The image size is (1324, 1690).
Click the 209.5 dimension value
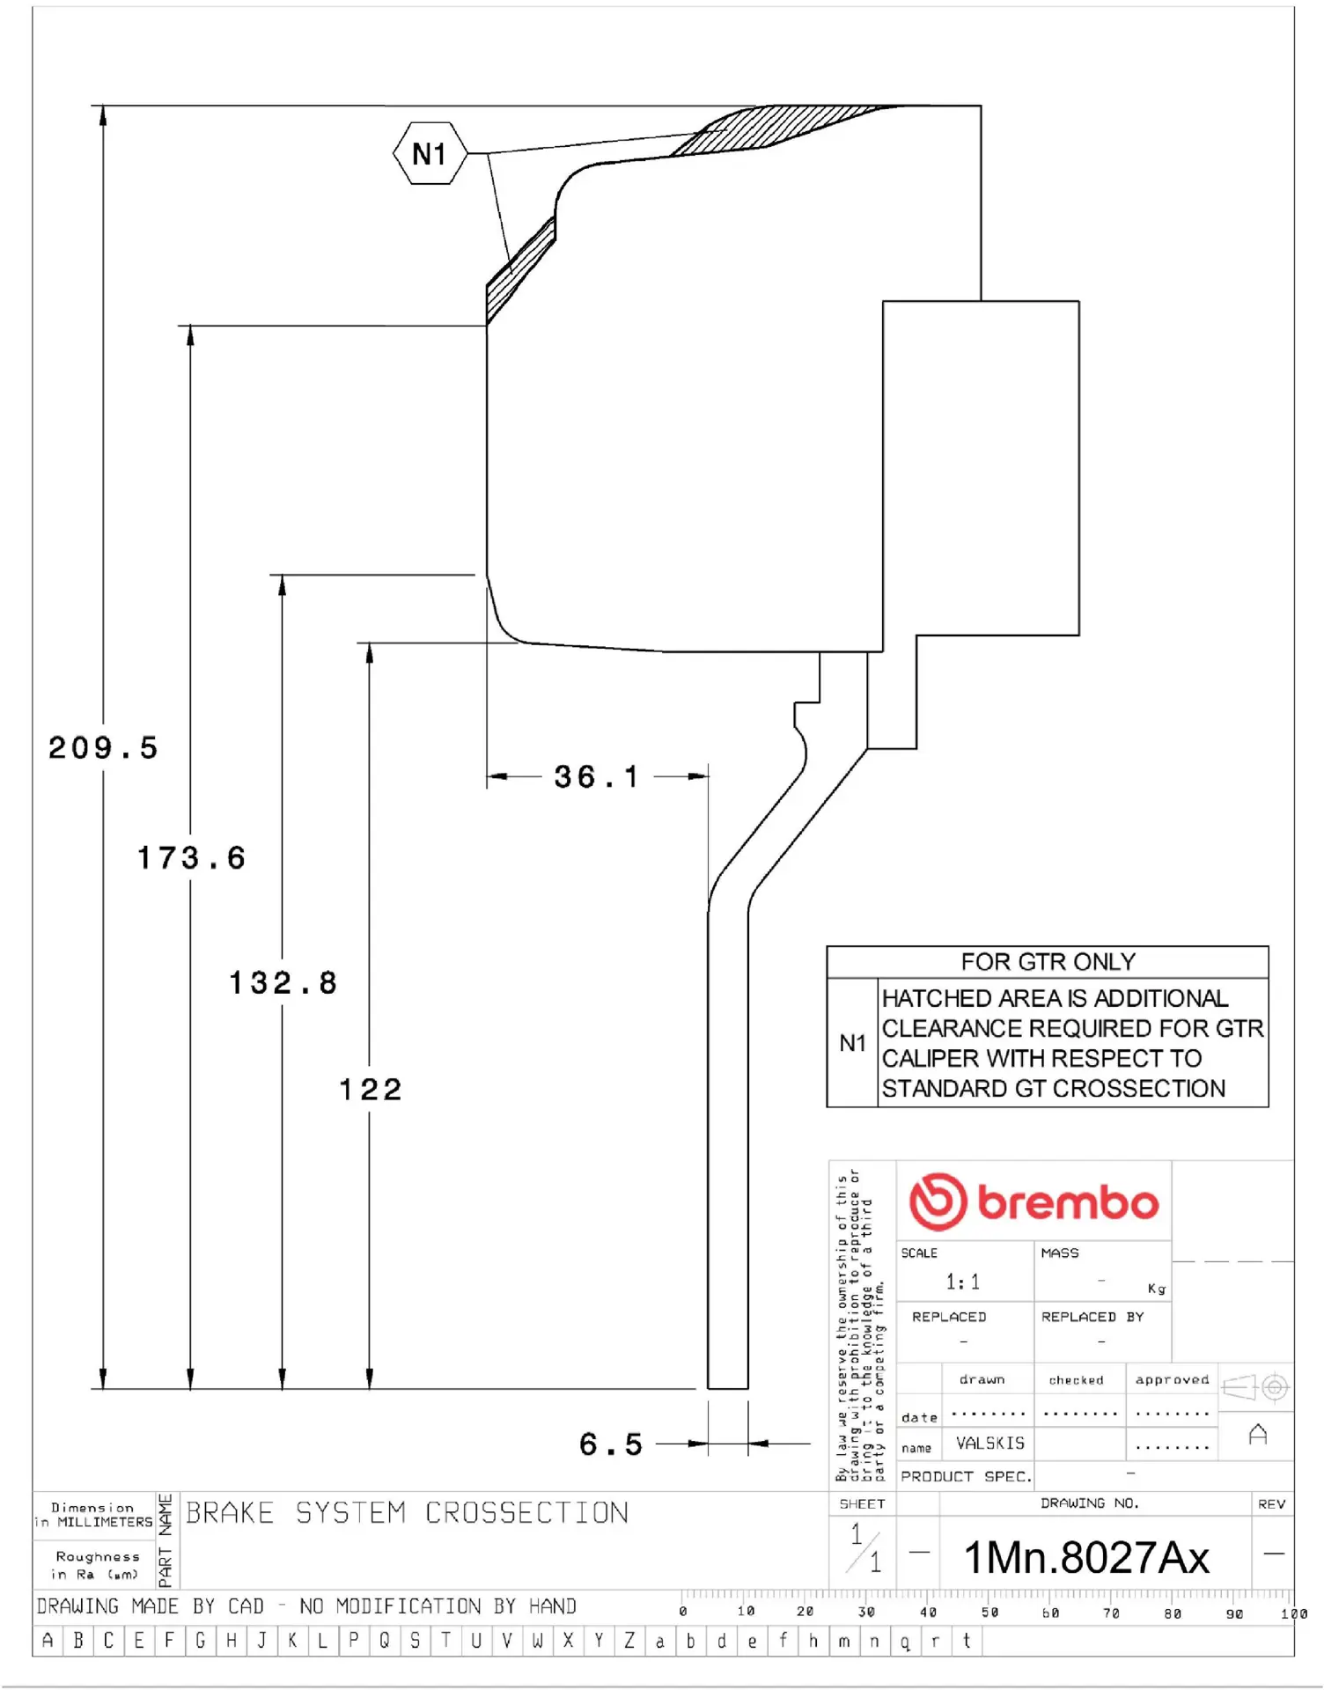pyautogui.click(x=103, y=748)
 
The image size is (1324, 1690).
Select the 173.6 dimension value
pyautogui.click(x=191, y=858)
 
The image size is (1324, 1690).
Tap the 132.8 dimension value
pyautogui.click(x=283, y=983)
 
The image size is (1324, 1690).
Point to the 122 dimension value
pyautogui.click(x=371, y=1090)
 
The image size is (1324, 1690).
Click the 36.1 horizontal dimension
pyautogui.click(x=596, y=776)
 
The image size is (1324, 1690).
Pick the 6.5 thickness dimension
pyautogui.click(x=610, y=1444)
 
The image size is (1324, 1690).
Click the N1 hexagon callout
pyautogui.click(x=430, y=154)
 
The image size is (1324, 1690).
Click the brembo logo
pyautogui.click(x=1033, y=1201)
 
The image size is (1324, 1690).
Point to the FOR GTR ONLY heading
pyautogui.click(x=1048, y=962)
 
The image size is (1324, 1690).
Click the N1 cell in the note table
pyautogui.click(x=852, y=1043)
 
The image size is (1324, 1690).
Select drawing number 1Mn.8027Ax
pyautogui.click(x=1086, y=1557)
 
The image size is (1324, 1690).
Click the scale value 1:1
pyautogui.click(x=962, y=1282)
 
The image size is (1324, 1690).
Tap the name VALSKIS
pyautogui.click(x=990, y=1444)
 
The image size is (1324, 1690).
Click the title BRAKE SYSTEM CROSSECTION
pyautogui.click(x=407, y=1513)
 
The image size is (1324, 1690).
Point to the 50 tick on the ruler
pyautogui.click(x=990, y=1613)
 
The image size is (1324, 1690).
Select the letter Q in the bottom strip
pyautogui.click(x=384, y=1641)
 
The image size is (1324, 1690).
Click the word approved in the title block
pyautogui.click(x=1172, y=1379)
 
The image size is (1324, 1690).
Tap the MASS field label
pyautogui.click(x=1059, y=1253)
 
